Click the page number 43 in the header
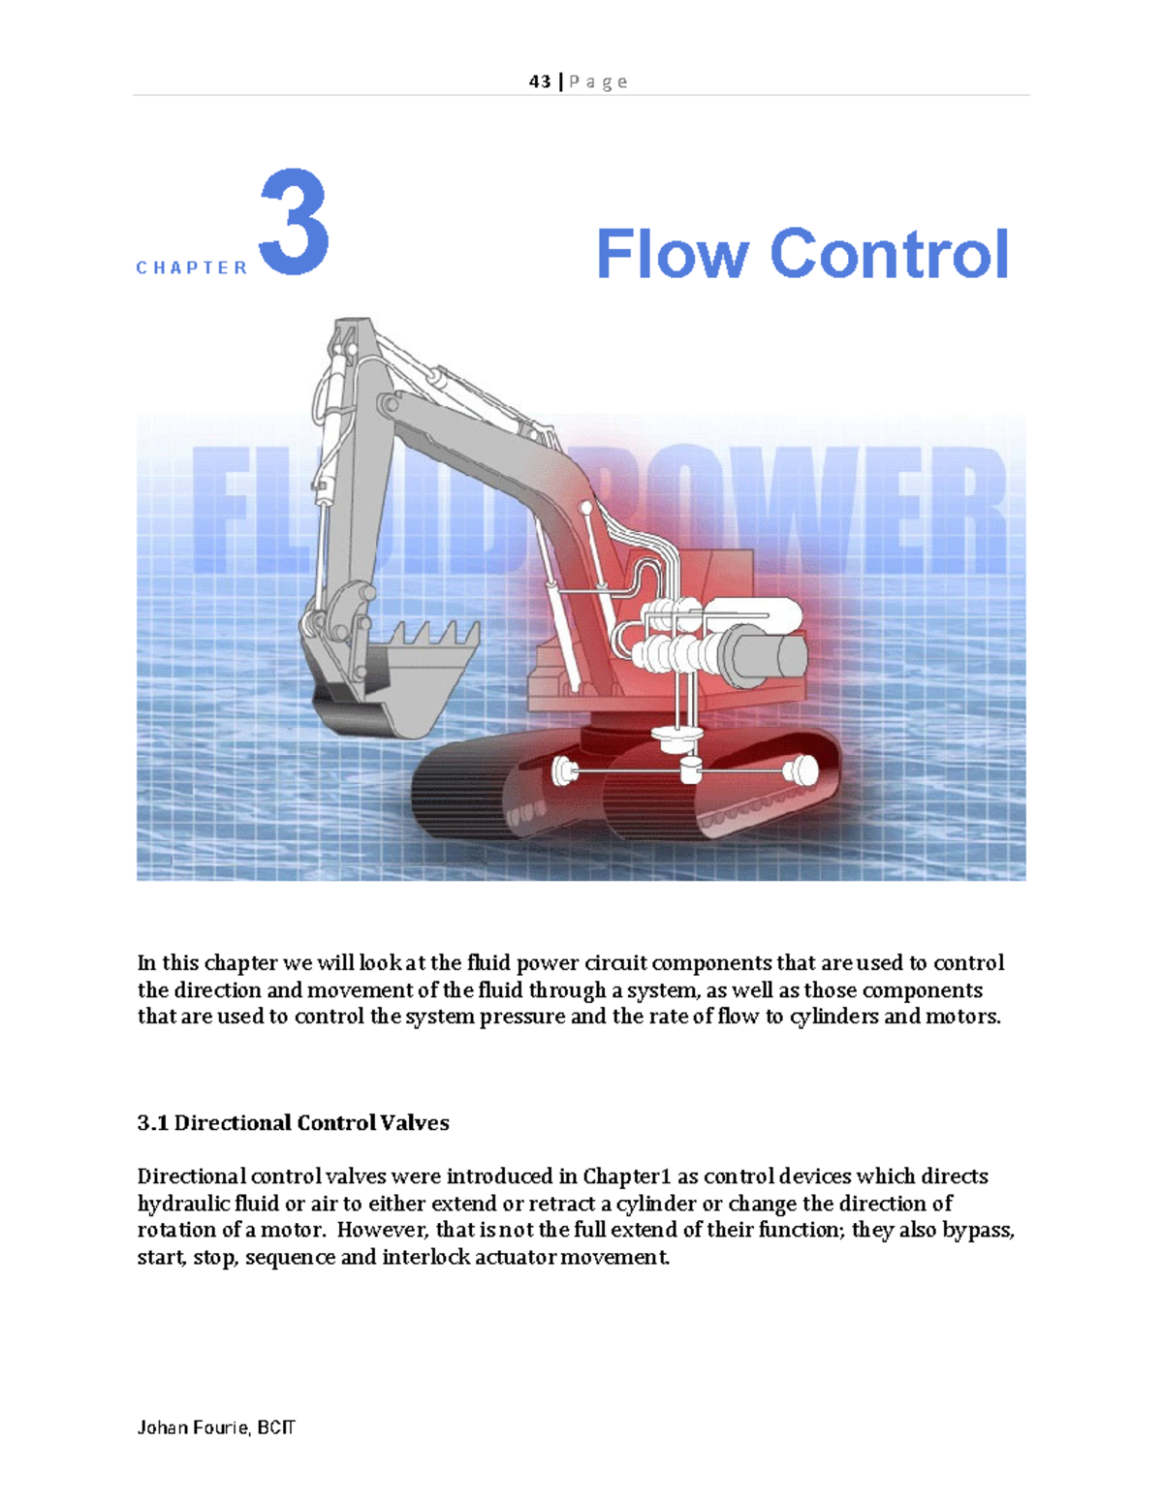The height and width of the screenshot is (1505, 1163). tap(540, 81)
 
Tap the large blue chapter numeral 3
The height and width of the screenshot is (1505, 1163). tap(294, 222)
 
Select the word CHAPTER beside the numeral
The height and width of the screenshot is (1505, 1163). tap(192, 267)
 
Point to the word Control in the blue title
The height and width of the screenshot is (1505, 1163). tap(889, 254)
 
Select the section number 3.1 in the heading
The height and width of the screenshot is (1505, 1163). tap(152, 1122)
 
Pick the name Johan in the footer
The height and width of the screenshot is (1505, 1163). tap(161, 1427)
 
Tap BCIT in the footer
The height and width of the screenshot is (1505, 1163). tap(276, 1427)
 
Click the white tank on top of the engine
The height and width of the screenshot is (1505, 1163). tap(753, 612)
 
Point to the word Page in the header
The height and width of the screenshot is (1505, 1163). tap(598, 81)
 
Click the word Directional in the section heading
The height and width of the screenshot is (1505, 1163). tap(231, 1122)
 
